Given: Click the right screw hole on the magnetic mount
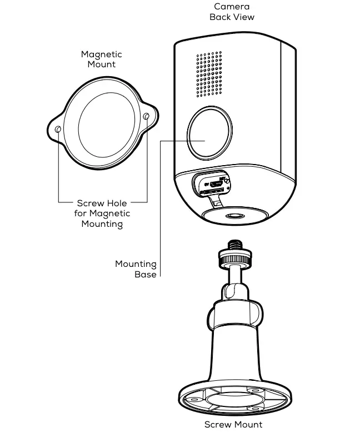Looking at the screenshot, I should coord(146,117).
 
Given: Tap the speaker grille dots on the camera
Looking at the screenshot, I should coord(208,73).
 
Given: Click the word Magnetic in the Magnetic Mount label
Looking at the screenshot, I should coord(101,54).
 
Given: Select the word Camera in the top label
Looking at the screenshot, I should coord(232,7).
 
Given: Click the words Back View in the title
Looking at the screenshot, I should coord(232,17).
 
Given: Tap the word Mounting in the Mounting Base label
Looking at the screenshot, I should coord(136,264).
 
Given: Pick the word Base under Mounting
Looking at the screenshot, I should coord(146,274).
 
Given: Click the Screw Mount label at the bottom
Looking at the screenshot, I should coord(233,425).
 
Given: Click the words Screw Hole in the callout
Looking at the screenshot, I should coord(102,203).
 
